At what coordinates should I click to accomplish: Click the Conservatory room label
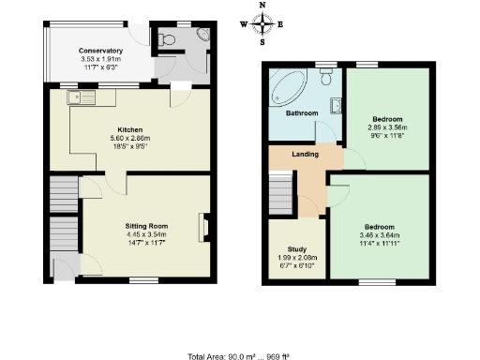point(100,51)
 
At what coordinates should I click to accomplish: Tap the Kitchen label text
point(128,128)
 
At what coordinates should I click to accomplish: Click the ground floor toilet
point(167,38)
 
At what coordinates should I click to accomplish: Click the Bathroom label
point(302,113)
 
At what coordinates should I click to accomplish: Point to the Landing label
point(304,155)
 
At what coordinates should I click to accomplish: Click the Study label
point(296,249)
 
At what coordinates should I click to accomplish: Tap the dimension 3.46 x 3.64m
point(380,235)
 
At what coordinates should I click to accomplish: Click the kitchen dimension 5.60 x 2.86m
point(128,137)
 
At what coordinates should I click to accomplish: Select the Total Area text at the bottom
point(239,354)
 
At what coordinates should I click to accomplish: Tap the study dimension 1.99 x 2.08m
point(296,258)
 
